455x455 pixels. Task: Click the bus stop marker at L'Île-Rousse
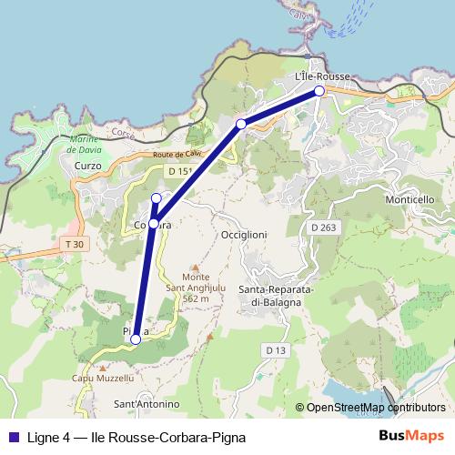[x=319, y=91]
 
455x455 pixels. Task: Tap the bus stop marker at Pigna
[x=136, y=339]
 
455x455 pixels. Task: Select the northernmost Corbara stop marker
[x=156, y=198]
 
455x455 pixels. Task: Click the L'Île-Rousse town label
[x=323, y=77]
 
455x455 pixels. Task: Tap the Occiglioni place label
[x=244, y=234]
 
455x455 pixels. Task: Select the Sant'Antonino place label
[x=146, y=403]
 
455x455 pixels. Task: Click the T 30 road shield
[x=75, y=244]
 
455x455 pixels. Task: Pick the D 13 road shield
[x=277, y=349]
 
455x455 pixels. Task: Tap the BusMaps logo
[x=411, y=436]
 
